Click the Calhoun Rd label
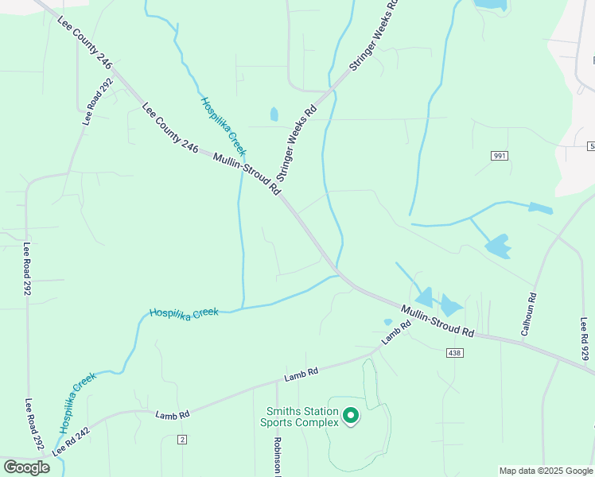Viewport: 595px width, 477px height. click(x=528, y=314)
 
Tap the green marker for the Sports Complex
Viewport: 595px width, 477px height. click(x=349, y=415)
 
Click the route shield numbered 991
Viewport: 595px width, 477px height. click(x=499, y=156)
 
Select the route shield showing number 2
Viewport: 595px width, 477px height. click(x=182, y=440)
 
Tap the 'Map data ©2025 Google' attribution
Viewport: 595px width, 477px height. click(x=546, y=471)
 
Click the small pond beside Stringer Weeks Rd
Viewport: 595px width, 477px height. click(x=274, y=114)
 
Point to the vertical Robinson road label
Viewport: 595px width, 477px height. click(x=278, y=456)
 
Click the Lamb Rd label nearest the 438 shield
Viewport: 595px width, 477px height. click(x=395, y=332)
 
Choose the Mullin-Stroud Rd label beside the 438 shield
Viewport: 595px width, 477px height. click(x=437, y=320)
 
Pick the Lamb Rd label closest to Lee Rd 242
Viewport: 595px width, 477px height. click(x=173, y=414)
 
